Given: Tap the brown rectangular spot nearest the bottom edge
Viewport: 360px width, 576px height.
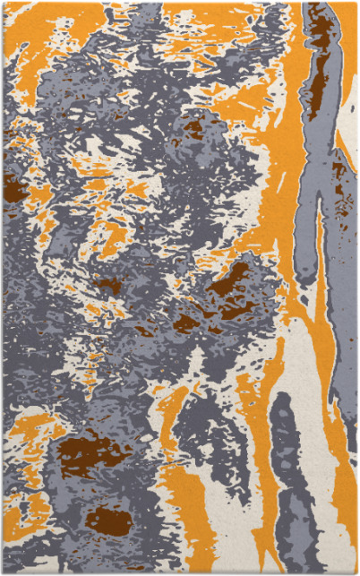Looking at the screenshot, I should point(107,519).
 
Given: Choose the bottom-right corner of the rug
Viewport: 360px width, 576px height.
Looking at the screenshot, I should point(356,572).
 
